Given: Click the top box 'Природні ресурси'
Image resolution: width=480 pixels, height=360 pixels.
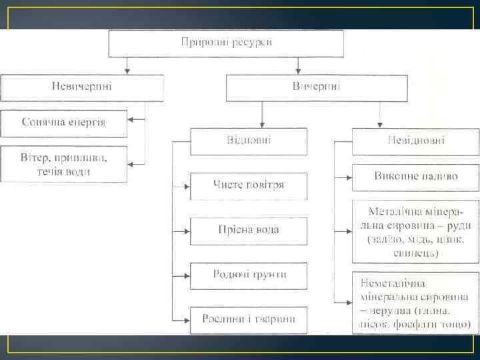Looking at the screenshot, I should click(226, 43).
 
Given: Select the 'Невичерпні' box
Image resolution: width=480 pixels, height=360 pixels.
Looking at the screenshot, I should click(82, 87).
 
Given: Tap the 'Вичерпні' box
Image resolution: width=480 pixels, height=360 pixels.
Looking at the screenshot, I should click(316, 87).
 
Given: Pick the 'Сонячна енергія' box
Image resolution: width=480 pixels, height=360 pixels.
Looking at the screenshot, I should click(63, 123).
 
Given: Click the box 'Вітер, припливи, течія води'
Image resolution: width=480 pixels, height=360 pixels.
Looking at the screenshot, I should click(63, 164).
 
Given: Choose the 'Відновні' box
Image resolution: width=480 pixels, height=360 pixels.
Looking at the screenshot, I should click(249, 141).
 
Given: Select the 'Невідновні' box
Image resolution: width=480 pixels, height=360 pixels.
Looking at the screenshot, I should click(415, 141).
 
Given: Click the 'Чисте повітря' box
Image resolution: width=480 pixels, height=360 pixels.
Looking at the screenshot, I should click(249, 185).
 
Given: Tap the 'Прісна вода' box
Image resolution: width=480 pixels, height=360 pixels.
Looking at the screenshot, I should click(249, 230).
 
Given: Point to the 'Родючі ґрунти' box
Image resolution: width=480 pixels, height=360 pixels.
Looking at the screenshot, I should click(249, 275).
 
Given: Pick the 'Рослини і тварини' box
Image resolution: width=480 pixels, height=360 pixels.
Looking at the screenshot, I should click(249, 319).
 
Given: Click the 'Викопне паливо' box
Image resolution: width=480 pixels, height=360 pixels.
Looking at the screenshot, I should click(415, 177).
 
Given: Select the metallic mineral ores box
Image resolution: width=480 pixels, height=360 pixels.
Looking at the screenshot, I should click(415, 231).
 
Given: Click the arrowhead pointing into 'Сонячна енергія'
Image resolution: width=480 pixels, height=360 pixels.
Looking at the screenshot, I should click(131, 120).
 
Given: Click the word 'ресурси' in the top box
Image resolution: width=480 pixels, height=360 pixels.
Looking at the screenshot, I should click(251, 43).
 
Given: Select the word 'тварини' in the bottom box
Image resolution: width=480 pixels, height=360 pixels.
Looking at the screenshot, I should click(272, 319).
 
